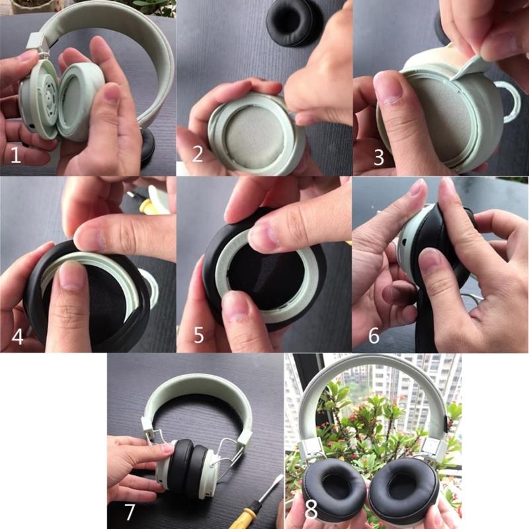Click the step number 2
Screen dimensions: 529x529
(197, 155)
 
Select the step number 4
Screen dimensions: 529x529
(17, 337)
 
